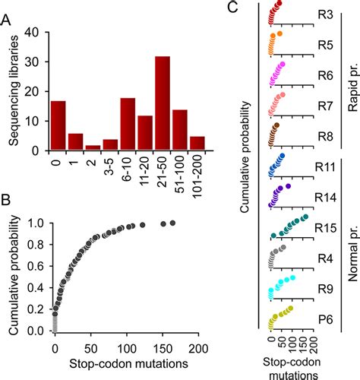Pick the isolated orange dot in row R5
point(281,34)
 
